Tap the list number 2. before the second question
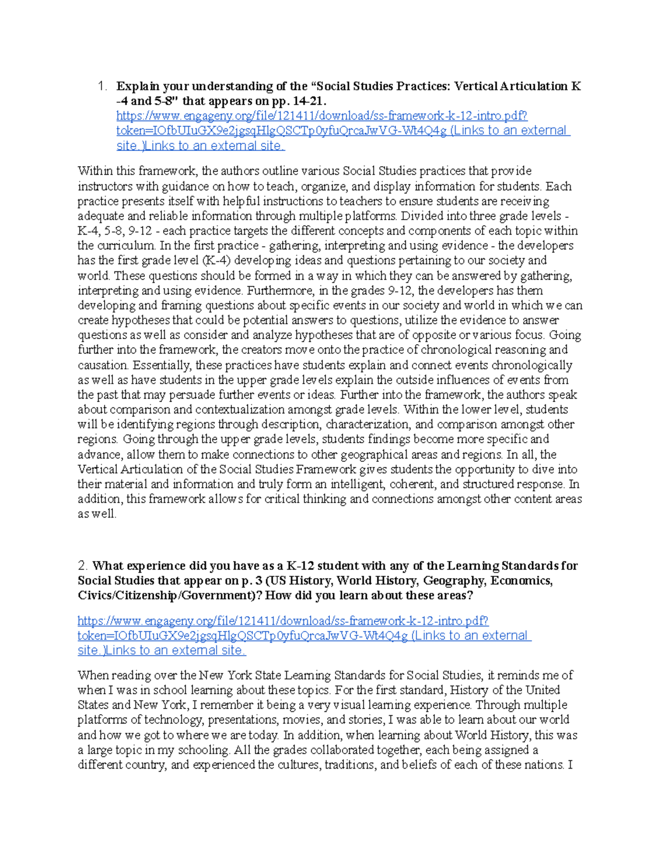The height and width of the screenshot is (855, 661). pos(83,566)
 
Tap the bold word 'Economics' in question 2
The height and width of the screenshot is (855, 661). pos(521,581)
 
